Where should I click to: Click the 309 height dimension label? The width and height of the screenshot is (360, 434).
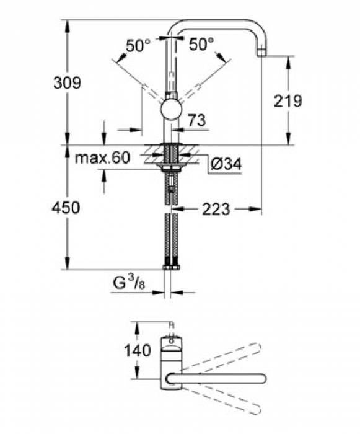(x=66, y=83)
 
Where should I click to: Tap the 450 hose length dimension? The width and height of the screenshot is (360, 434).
(x=66, y=208)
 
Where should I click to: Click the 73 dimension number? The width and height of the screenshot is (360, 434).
(x=196, y=121)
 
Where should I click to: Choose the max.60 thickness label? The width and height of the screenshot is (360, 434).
(x=102, y=158)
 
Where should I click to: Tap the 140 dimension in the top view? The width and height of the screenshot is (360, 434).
(x=137, y=351)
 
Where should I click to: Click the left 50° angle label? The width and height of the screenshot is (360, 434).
(x=138, y=45)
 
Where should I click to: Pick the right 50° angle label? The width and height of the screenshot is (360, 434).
(x=202, y=45)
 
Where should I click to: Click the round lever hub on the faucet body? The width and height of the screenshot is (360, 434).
(x=171, y=110)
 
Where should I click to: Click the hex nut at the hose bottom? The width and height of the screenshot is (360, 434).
(x=171, y=267)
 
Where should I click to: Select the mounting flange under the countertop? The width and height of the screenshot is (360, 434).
(x=171, y=167)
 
